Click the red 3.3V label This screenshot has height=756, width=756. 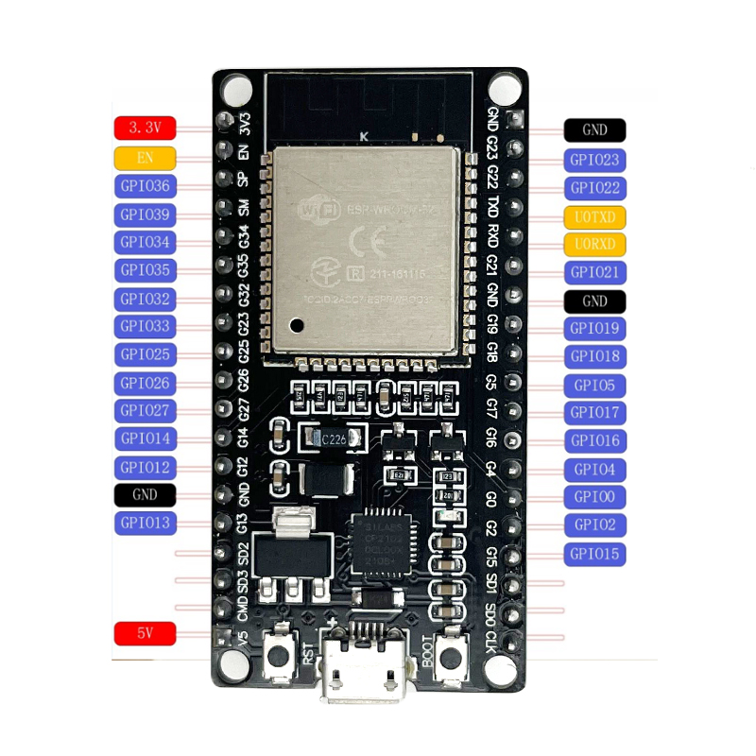pos(145,127)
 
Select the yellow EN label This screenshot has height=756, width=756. pos(145,157)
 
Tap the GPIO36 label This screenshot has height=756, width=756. pos(145,186)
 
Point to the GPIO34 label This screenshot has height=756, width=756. pos(145,243)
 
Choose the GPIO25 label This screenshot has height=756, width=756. pos(145,354)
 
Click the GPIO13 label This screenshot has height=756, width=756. pos(145,523)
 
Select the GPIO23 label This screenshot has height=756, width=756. pos(594,160)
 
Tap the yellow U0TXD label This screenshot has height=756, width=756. pos(594,216)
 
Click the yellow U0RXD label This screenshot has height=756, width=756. pos(594,245)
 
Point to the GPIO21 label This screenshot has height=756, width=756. pos(594,273)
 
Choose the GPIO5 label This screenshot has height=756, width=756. pos(594,385)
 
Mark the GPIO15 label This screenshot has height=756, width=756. pos(594,553)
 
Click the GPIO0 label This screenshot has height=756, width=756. pos(594,496)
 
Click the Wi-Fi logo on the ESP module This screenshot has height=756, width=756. pos(317,210)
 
